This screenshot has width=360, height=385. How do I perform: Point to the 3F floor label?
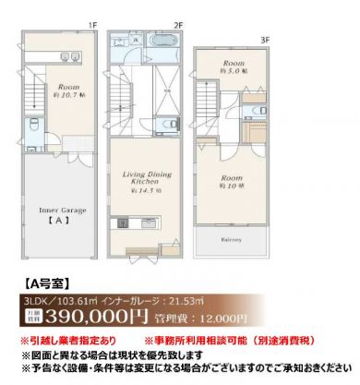[x=265, y=40]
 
